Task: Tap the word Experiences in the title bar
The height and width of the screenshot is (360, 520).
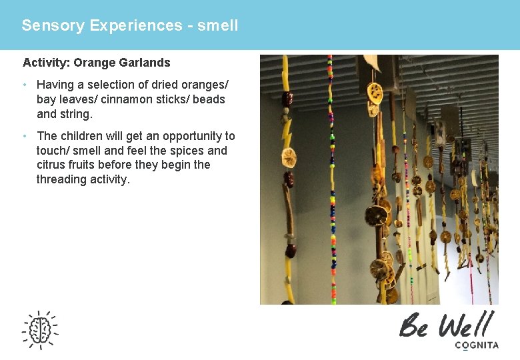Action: [x=136, y=26]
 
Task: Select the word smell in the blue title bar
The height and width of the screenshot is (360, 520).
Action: [x=218, y=26]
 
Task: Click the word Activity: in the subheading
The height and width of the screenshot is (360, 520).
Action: [x=47, y=63]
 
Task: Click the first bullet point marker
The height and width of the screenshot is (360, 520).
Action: [x=25, y=85]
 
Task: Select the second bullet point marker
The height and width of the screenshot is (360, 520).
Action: [x=25, y=136]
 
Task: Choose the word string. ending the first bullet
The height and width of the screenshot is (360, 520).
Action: [x=77, y=114]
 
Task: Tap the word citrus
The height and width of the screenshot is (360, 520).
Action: [x=50, y=165]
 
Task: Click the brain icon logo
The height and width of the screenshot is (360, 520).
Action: [x=40, y=330]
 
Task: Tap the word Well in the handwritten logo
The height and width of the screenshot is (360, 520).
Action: [x=465, y=325]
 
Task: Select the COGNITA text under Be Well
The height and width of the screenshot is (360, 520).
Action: [x=476, y=345]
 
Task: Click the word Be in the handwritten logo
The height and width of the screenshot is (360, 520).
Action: [x=414, y=326]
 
